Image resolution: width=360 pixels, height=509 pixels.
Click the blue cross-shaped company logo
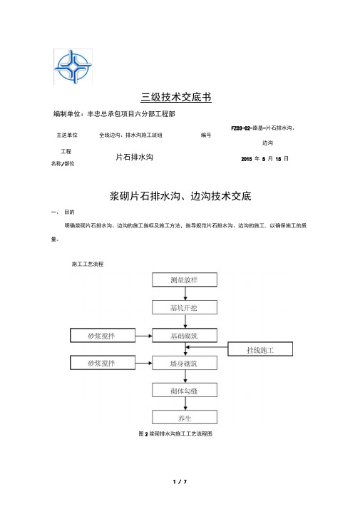73,67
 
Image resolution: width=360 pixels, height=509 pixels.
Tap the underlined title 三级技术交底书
176,97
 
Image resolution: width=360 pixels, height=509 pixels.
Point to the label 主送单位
67,135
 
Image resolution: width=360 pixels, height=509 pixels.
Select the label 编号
206,135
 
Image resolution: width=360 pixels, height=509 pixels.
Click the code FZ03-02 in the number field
241,128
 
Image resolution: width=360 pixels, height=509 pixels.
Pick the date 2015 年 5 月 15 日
265,159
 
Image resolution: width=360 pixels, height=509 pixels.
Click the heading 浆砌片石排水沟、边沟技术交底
180,196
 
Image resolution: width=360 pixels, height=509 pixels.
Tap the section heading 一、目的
63,212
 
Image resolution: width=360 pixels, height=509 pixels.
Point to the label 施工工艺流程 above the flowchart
88,264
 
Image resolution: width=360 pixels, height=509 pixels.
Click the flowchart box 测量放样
185,280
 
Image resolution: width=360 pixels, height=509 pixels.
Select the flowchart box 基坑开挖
185,307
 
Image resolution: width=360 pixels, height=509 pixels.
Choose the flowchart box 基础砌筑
185,335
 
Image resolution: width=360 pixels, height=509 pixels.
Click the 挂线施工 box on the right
260,349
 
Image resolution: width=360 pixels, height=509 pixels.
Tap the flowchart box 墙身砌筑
185,363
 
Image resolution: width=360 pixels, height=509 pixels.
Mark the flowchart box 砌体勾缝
185,390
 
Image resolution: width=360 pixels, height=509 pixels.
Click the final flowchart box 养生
185,418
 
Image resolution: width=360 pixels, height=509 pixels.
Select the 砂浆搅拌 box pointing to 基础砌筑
103,335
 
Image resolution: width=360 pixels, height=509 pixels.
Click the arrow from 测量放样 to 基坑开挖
185,294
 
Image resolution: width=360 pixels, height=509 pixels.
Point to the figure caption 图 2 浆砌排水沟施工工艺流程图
175,433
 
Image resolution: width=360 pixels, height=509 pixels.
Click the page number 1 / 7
180,482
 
